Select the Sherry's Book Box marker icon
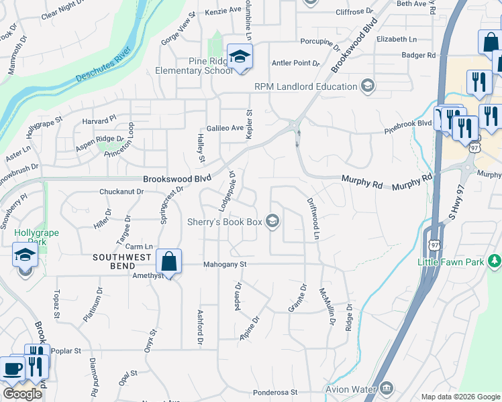pyautogui.click(x=272, y=220)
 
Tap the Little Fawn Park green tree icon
pyautogui.click(x=495, y=260)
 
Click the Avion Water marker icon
pyautogui.click(x=386, y=388)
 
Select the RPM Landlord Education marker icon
pyautogui.click(x=366, y=86)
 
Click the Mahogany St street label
pyautogui.click(x=225, y=265)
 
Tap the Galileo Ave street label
pyautogui.click(x=225, y=128)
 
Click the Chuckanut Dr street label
pyautogui.click(x=121, y=192)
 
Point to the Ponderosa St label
pyautogui.click(x=275, y=392)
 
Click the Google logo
pyautogui.click(x=22, y=394)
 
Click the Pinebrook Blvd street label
pyautogui.click(x=407, y=124)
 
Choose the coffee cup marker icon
pyautogui.click(x=11, y=369)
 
